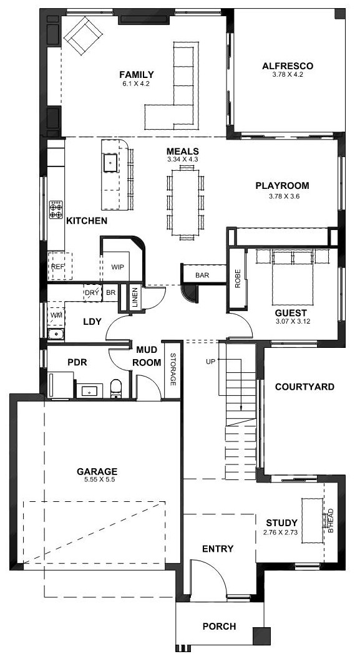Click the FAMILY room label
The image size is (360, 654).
(x=137, y=75)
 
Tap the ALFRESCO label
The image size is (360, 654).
(x=288, y=66)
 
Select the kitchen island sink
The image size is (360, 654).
(x=110, y=162)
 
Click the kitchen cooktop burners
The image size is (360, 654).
(x=56, y=209)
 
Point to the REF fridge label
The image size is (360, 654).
(x=57, y=266)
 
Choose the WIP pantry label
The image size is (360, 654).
(x=117, y=267)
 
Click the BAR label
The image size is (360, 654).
(x=202, y=276)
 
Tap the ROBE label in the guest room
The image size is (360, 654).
(x=238, y=279)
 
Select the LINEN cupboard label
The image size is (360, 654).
(x=135, y=298)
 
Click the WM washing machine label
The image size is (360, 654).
(x=56, y=315)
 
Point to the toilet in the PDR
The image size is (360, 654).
(x=116, y=388)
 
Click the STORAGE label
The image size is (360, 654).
(x=173, y=370)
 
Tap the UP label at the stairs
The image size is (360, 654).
(x=210, y=362)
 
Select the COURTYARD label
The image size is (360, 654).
(x=305, y=387)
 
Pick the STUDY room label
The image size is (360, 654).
(x=282, y=522)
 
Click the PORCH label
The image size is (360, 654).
(x=219, y=626)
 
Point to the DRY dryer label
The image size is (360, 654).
(x=92, y=293)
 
